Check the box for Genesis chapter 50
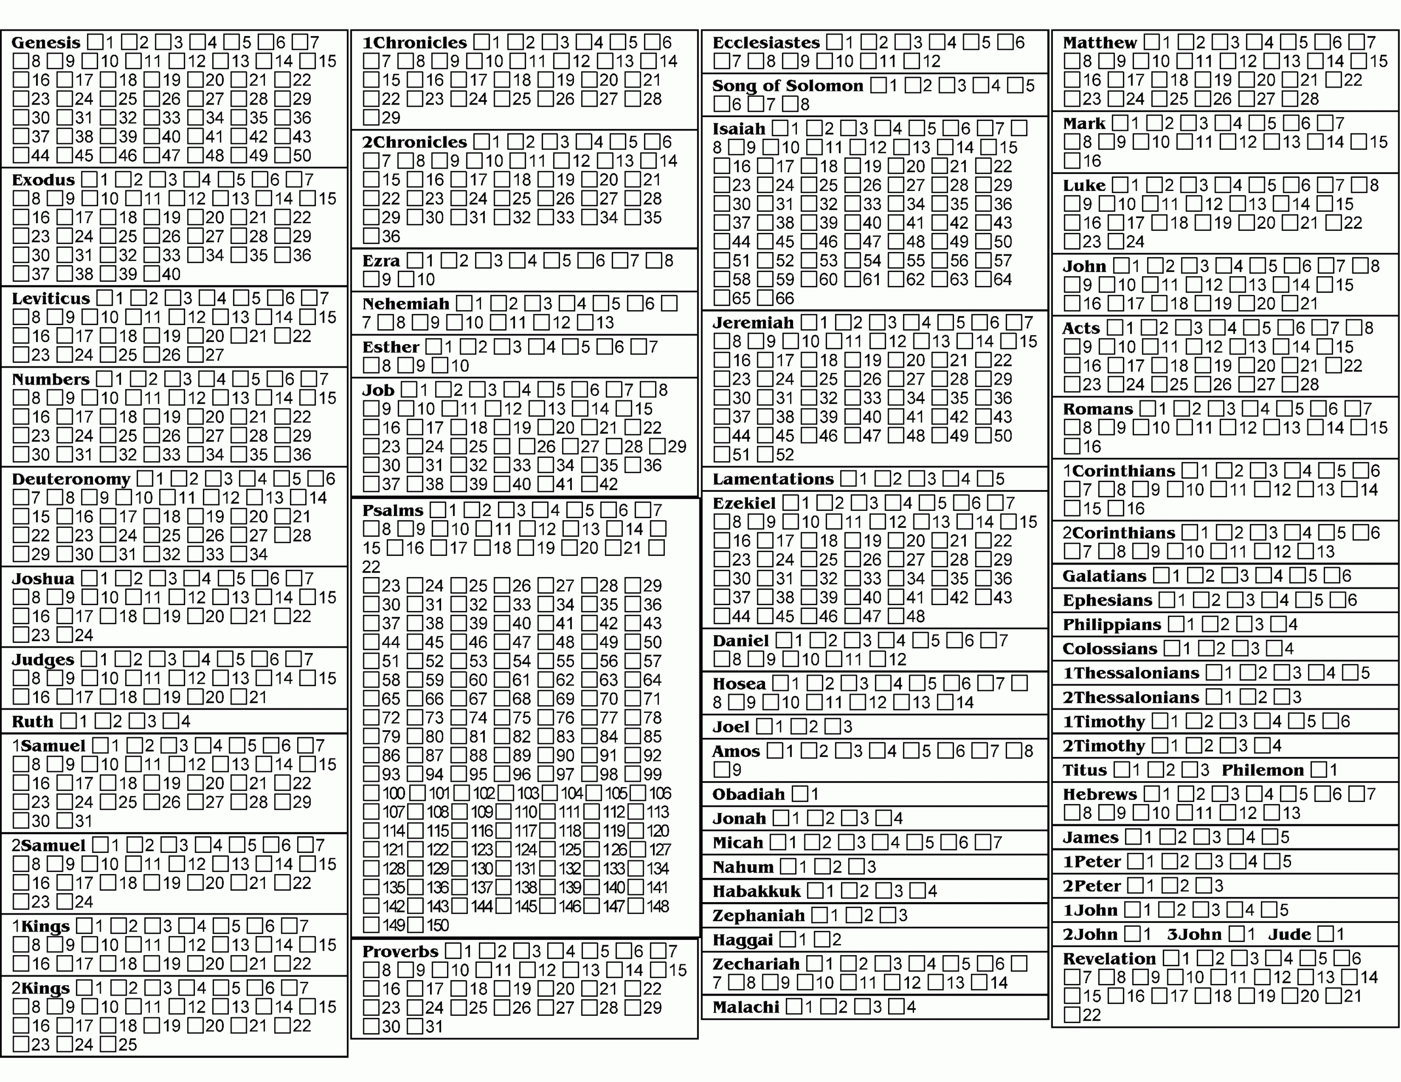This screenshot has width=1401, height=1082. point(282,155)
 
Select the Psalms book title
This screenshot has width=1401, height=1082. point(392,510)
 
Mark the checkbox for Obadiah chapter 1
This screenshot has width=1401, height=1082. point(800,794)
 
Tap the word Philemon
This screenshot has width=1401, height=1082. point(1263,770)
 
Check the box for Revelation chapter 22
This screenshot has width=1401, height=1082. point(1072,1015)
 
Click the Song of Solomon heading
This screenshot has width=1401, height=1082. point(787,86)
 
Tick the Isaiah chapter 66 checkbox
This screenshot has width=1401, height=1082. point(765,298)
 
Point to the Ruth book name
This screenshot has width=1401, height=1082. point(32,722)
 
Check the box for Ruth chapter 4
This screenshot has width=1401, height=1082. point(171,721)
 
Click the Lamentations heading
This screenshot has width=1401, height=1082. point(772,479)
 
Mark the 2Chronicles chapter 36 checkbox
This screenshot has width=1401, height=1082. point(371,236)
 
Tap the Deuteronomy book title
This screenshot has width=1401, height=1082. point(71,479)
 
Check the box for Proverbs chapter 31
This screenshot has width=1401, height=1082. point(415,1026)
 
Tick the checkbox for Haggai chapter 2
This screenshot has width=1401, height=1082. point(822,940)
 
